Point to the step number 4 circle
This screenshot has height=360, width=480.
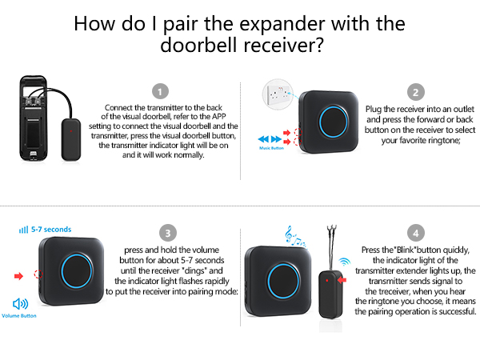pyautogui.click(x=414, y=234)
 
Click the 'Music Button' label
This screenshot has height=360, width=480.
pyautogui.click(x=273, y=148)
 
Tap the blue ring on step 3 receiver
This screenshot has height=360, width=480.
pyautogui.click(x=80, y=274)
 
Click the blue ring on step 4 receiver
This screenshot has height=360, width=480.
pyautogui.click(x=281, y=280)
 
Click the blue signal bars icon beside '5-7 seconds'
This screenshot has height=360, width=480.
pyautogui.click(x=22, y=230)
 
